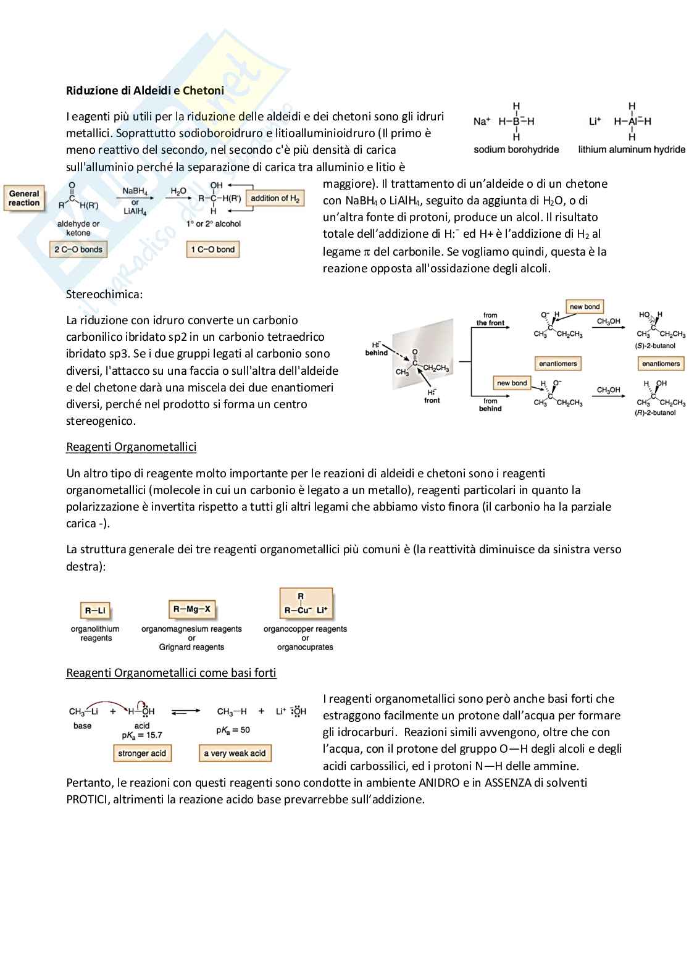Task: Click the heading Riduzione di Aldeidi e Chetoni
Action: pyautogui.click(x=145, y=91)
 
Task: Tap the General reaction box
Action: pyautogui.click(x=24, y=198)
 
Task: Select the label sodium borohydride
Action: pyautogui.click(x=516, y=149)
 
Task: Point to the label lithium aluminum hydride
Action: pyautogui.click(x=631, y=149)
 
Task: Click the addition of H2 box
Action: pyautogui.click(x=275, y=198)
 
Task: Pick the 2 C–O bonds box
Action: pyautogui.click(x=78, y=249)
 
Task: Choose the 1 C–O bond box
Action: pyautogui.click(x=212, y=249)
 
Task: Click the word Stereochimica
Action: pyautogui.click(x=104, y=295)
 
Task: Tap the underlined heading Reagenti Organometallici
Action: pyautogui.click(x=131, y=447)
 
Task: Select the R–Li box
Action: pyautogui.click(x=96, y=611)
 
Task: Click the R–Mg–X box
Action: pyautogui.click(x=191, y=609)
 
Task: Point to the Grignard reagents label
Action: pyautogui.click(x=191, y=647)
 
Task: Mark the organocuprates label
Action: pyautogui.click(x=305, y=647)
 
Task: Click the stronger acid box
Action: pyautogui.click(x=142, y=753)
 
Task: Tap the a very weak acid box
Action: pyautogui.click(x=235, y=753)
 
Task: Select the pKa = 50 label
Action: pyautogui.click(x=233, y=730)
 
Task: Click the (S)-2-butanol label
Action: pyautogui.click(x=655, y=346)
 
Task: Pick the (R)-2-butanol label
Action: pyautogui.click(x=655, y=412)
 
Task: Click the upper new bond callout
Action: pyautogui.click(x=585, y=307)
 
